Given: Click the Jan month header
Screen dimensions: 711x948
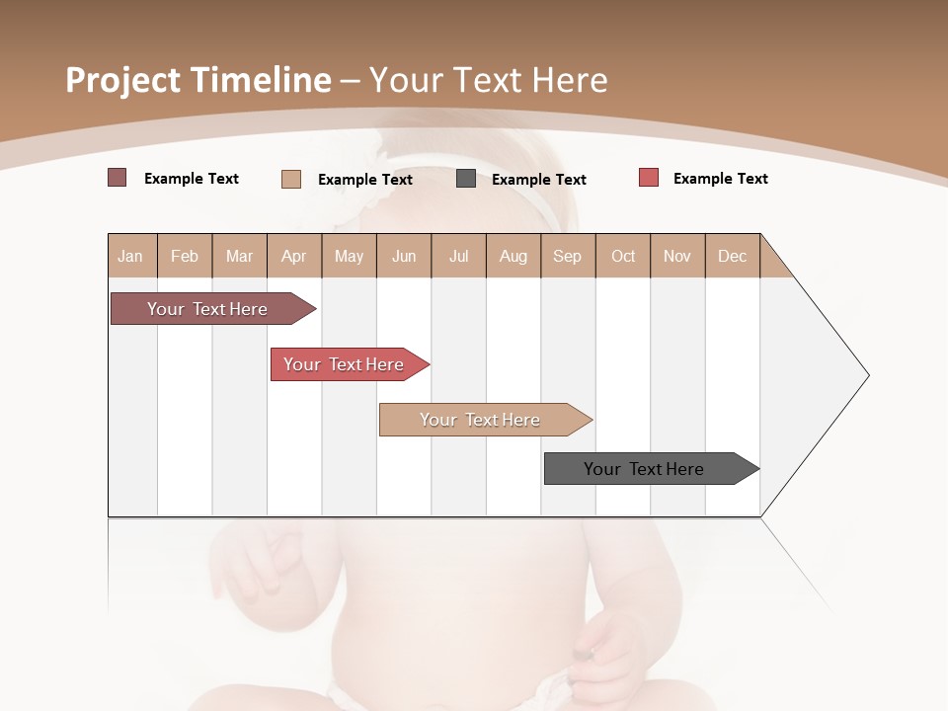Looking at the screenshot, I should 130,256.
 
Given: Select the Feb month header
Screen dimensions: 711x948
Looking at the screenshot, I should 185,256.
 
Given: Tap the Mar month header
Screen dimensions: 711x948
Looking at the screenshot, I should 239,256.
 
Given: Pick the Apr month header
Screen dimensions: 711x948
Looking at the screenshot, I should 294,256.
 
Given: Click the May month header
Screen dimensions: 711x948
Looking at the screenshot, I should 349,256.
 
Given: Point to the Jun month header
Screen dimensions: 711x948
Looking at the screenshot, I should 404,256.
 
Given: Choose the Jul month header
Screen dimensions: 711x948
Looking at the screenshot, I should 458,256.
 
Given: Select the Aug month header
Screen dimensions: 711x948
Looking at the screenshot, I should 513,256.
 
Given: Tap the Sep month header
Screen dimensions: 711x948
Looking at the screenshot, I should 568,256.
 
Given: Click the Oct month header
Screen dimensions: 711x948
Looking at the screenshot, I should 623,256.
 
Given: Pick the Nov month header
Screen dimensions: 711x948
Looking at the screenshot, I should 677,256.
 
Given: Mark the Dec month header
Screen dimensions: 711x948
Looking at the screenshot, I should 733,256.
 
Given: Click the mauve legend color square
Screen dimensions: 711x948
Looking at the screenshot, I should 117,178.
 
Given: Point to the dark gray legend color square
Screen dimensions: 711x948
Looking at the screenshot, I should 466,179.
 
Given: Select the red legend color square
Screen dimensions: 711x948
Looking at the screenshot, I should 648,178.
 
